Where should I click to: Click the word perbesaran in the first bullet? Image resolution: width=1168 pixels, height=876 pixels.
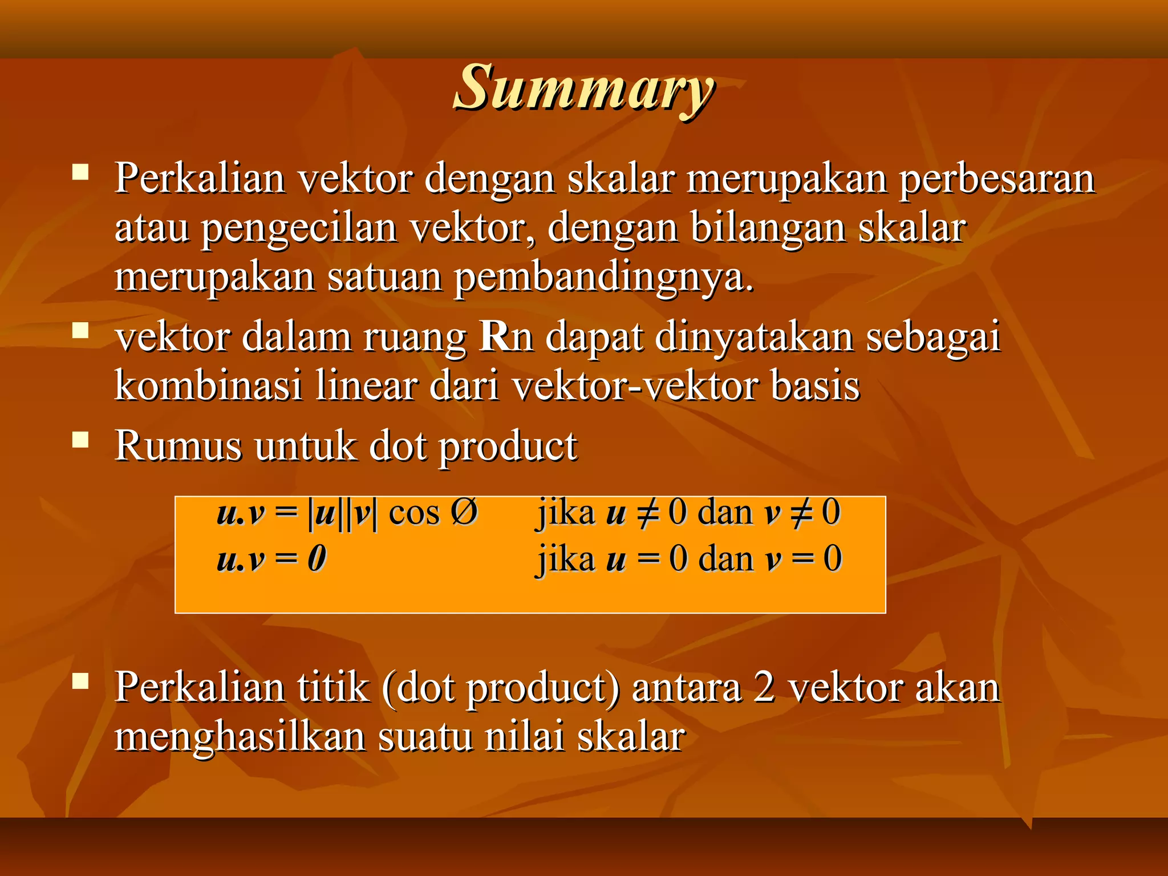(x=997, y=179)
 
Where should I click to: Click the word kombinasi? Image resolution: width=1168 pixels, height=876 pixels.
(x=208, y=386)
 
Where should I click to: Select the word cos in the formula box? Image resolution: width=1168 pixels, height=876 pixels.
(x=414, y=512)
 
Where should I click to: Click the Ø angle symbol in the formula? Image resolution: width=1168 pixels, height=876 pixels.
(x=464, y=511)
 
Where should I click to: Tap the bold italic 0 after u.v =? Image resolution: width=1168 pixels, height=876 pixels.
(x=317, y=558)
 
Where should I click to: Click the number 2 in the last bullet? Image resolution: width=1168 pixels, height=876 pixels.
(x=764, y=687)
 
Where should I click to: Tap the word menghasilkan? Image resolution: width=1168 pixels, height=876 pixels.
(x=240, y=736)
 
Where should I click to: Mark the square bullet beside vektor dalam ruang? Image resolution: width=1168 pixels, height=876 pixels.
(x=80, y=331)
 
